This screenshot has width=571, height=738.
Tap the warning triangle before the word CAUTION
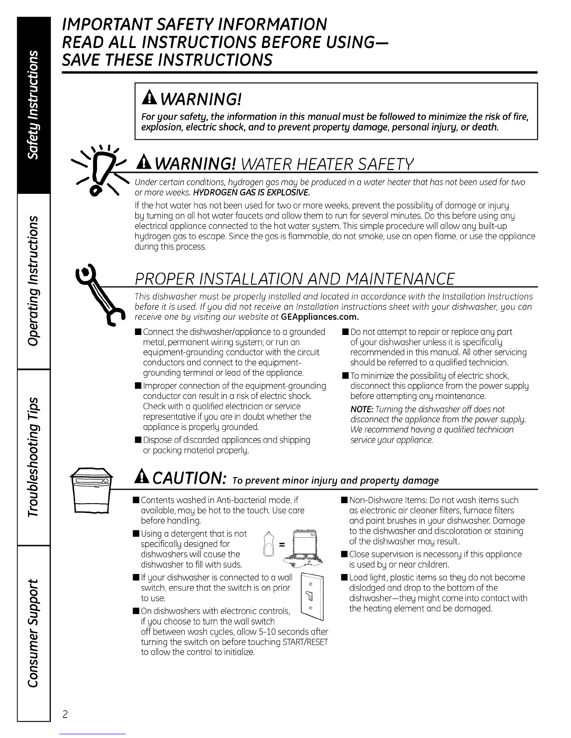click(x=142, y=478)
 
